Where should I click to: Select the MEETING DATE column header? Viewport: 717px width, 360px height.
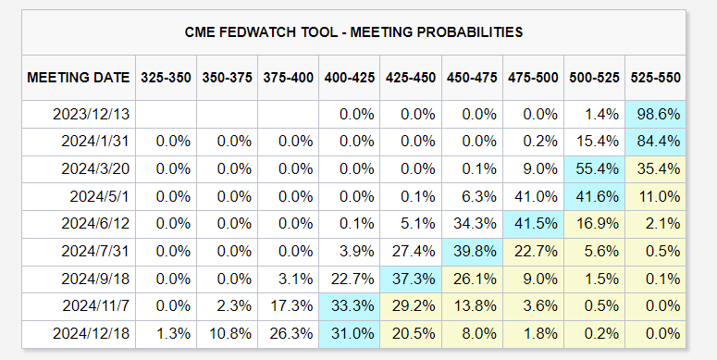79,78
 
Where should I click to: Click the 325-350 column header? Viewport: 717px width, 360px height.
166,78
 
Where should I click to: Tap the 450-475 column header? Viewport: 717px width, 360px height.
472,78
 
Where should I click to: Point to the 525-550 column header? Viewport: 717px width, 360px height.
655,78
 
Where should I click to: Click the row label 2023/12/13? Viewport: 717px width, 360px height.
91,115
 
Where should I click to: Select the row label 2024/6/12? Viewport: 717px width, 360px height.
95,224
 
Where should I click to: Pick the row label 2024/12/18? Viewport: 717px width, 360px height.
91,333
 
